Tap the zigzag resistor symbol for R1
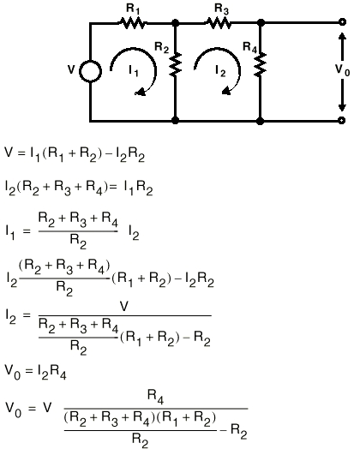tap(132, 23)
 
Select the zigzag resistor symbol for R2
tap(175, 64)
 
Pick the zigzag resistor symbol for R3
tap(219, 23)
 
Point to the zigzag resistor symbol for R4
tap(260, 64)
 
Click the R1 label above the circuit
tap(133, 9)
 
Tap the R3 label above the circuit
tap(222, 9)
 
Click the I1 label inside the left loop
tap(134, 71)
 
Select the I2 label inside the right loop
tap(220, 71)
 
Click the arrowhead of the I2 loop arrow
tap(225, 91)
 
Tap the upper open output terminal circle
tap(342, 22)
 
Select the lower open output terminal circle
tap(342, 120)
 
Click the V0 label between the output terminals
tap(343, 70)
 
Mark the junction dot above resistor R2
tap(175, 22)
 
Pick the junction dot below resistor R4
tap(260, 121)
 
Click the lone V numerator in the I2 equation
tap(124, 307)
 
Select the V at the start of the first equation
tap(9, 152)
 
